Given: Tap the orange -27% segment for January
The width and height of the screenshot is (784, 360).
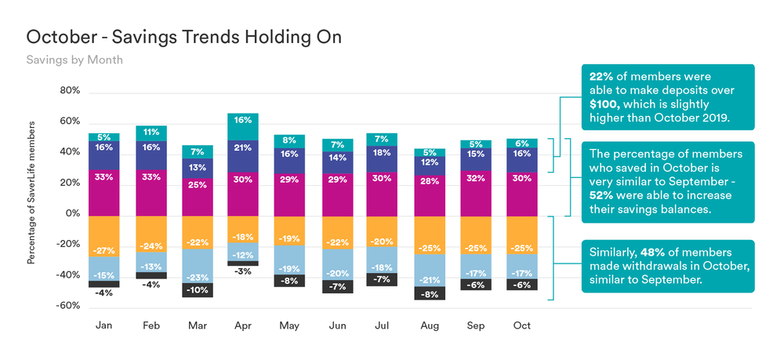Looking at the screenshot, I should click(104, 236).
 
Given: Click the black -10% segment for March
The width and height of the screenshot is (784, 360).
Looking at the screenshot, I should click(197, 290).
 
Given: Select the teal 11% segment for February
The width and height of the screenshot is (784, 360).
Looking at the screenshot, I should click(151, 133).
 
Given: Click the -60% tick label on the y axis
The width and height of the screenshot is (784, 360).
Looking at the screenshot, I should click(67, 306).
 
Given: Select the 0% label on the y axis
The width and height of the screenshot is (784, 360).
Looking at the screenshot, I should click(73, 213).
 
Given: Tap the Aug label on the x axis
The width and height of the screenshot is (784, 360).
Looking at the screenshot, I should click(429, 325).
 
